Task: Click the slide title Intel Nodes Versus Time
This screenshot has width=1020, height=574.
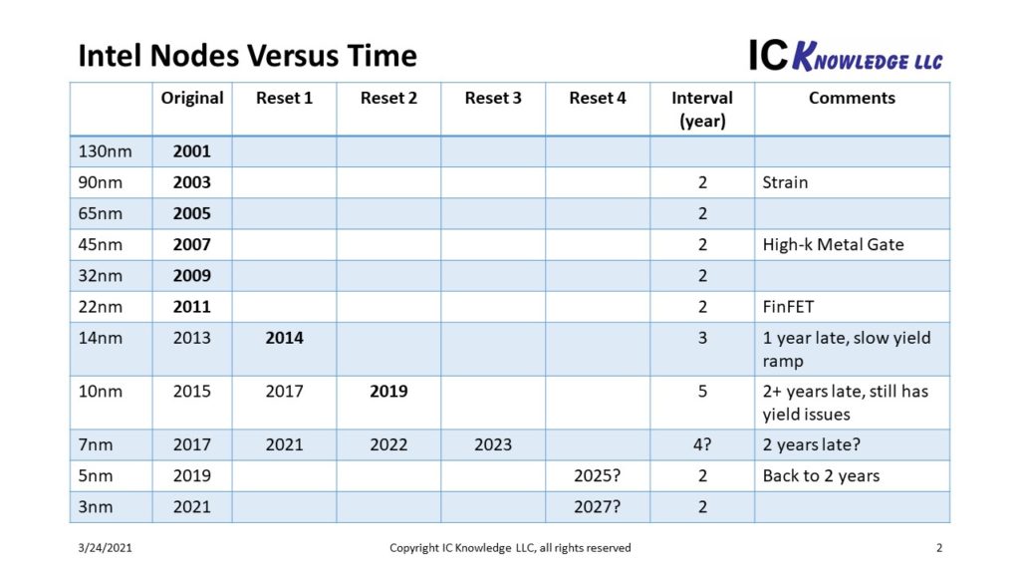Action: tap(247, 55)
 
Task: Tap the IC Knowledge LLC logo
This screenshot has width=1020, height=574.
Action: tap(846, 55)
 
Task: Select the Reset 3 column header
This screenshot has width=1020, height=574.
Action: tap(493, 98)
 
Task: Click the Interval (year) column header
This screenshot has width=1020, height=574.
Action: tap(702, 109)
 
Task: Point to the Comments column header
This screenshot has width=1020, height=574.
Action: tap(852, 98)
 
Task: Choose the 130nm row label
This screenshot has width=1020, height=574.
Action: tap(102, 151)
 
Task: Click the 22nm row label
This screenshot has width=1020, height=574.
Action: tap(100, 306)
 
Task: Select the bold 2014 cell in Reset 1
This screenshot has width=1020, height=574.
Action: tap(284, 338)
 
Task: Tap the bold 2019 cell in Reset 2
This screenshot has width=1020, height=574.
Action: tap(388, 391)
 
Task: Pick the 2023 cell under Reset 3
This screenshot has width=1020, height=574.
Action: tap(493, 444)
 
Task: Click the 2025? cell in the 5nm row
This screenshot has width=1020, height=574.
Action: tap(598, 475)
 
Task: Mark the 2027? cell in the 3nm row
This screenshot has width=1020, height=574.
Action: tap(598, 506)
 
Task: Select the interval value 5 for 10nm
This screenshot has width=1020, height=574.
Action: tap(702, 391)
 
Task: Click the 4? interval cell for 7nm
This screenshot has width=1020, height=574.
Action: tap(702, 444)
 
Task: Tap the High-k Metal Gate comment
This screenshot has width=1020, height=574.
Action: tap(833, 244)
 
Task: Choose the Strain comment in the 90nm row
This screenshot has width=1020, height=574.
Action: tap(785, 182)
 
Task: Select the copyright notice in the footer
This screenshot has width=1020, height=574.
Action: tap(510, 548)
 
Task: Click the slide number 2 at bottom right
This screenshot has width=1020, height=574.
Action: tap(939, 548)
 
